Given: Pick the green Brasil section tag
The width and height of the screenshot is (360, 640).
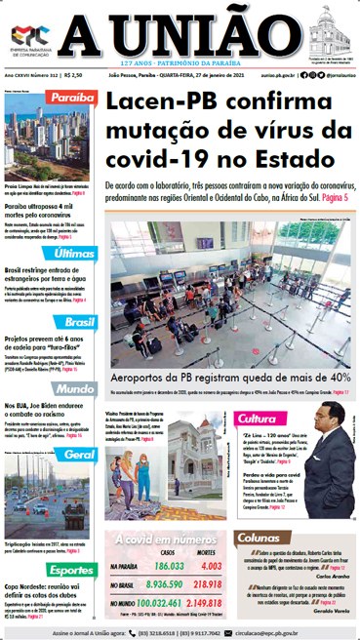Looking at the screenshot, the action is click(x=76, y=321).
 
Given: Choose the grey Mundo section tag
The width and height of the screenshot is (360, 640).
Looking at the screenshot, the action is click(x=75, y=389).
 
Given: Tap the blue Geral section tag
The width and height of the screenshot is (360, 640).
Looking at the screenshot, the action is click(x=78, y=455).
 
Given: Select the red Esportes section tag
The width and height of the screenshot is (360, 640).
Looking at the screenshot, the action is click(x=71, y=570).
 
